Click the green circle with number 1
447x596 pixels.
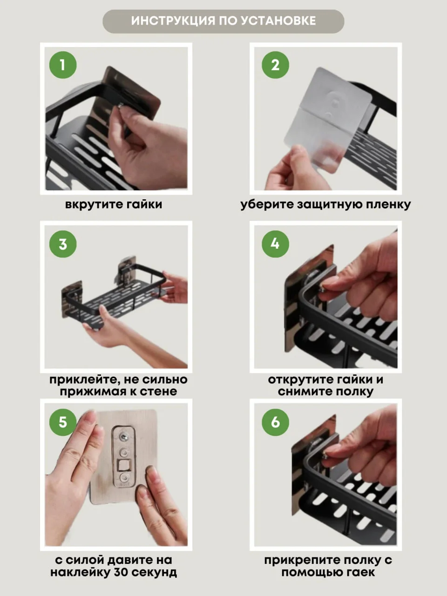point(63,65)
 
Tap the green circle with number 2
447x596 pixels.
point(275,65)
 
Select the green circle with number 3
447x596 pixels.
point(63,244)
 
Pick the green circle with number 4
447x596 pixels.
point(275,244)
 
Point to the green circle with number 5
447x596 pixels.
point(63,422)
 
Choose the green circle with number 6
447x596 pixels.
point(275,422)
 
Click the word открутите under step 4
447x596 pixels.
point(297,379)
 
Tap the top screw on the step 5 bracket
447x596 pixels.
point(124,437)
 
